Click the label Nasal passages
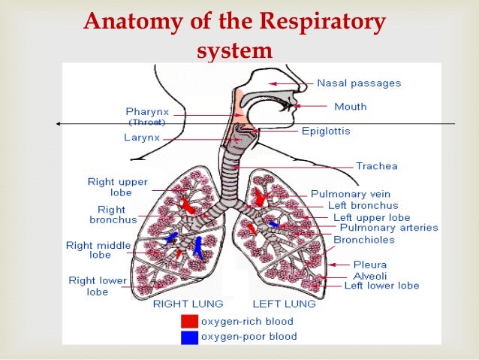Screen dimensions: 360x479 [359, 83]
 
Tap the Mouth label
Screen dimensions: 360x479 [351, 107]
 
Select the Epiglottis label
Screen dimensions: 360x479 [326, 131]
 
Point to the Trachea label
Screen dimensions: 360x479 [377, 166]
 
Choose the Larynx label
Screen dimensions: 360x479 [141, 138]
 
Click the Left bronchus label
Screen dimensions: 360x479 [363, 205]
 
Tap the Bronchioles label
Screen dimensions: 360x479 [363, 240]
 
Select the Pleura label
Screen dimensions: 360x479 [370, 265]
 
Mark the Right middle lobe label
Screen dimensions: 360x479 [98, 250]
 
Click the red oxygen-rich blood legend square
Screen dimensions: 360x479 [189, 322]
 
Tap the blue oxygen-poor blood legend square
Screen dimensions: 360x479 [189, 337]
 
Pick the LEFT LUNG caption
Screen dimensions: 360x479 [283, 304]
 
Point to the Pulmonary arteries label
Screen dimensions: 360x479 [389, 228]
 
